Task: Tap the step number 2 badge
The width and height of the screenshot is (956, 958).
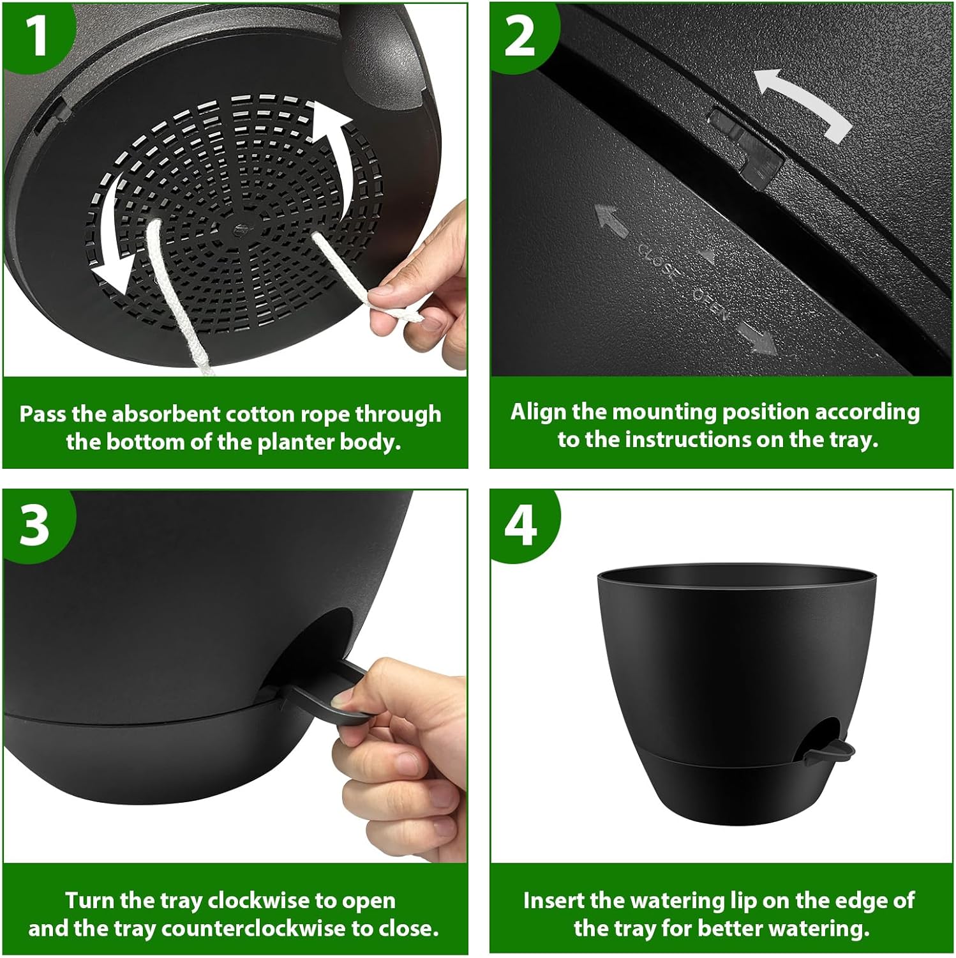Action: point(519,36)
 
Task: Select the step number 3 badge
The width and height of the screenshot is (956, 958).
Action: point(34,525)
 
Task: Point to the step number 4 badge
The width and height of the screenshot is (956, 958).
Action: point(520,525)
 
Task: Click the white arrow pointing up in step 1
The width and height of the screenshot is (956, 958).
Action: point(332,150)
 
